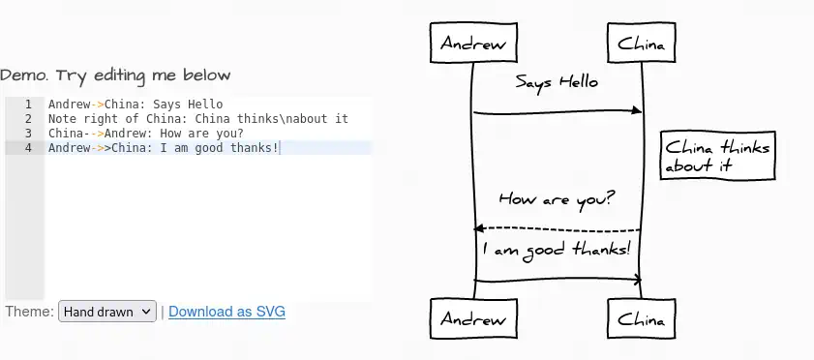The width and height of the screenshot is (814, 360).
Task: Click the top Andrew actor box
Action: pos(473,44)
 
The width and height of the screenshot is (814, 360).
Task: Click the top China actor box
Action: pos(641,44)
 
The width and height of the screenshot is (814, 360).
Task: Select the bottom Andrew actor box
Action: pos(473,318)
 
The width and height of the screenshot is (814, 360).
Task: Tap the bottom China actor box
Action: pos(641,318)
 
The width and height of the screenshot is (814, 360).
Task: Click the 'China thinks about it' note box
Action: pos(717,156)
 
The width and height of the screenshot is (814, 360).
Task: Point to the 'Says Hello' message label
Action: pos(557,82)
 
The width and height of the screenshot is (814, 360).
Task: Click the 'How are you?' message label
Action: pos(557,198)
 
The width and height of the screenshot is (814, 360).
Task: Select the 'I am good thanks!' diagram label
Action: pos(557,249)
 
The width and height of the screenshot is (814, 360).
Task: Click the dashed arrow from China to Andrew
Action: pos(557,228)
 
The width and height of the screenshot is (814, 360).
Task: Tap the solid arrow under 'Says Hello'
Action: pos(557,112)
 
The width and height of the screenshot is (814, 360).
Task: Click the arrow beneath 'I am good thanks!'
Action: pos(557,280)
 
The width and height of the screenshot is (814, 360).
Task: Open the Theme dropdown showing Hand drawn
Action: pos(106,312)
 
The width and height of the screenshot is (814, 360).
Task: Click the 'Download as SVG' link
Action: pos(226,312)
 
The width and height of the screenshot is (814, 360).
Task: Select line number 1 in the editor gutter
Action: pos(28,105)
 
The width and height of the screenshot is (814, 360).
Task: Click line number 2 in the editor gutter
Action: pos(28,119)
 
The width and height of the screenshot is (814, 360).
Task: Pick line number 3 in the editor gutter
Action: pos(28,134)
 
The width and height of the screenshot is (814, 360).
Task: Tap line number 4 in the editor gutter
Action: pos(28,148)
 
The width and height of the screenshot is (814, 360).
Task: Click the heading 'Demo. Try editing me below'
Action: pos(115,75)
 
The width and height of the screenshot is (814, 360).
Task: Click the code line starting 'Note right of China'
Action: pos(197,119)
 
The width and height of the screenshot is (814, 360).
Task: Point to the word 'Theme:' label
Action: pos(29,312)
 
